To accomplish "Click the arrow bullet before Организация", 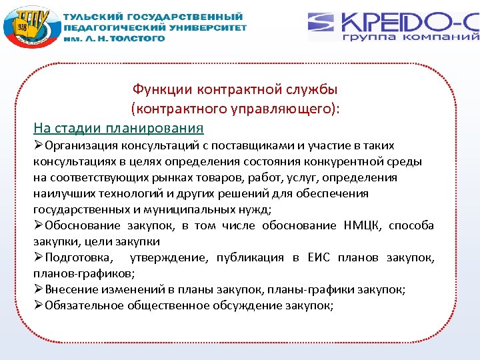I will click(39, 146).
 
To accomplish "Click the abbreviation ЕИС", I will click(319, 257).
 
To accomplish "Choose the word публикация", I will click(251, 257).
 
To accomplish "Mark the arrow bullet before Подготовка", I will click(39, 258).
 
